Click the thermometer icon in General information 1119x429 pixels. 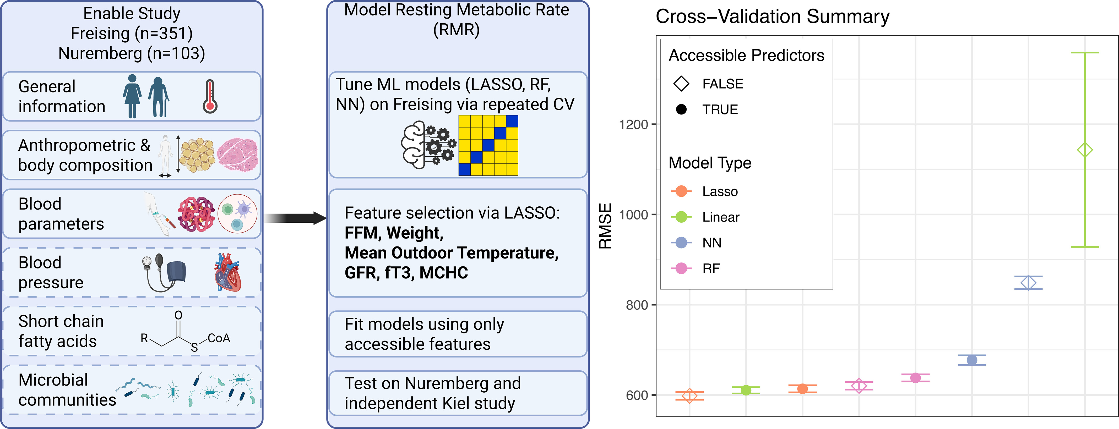coord(210,96)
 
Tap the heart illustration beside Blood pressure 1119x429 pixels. coord(227,273)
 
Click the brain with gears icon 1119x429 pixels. coord(428,145)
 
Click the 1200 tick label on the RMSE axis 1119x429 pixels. coord(633,125)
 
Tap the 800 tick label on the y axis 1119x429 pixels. coord(637,305)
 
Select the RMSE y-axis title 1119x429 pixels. coord(605,226)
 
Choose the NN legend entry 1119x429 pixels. coord(711,243)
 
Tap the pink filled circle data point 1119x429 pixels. coord(915,378)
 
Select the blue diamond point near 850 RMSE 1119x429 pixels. coord(1028,283)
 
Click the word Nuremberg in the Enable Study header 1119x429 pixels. coord(100,53)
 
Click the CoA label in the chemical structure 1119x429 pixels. coord(219,338)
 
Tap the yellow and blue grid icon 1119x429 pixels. coord(488,145)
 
